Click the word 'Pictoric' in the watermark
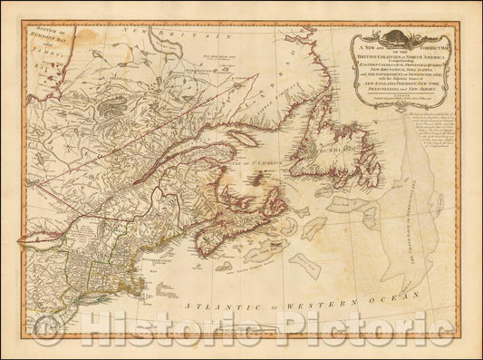(x=343, y=340)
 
